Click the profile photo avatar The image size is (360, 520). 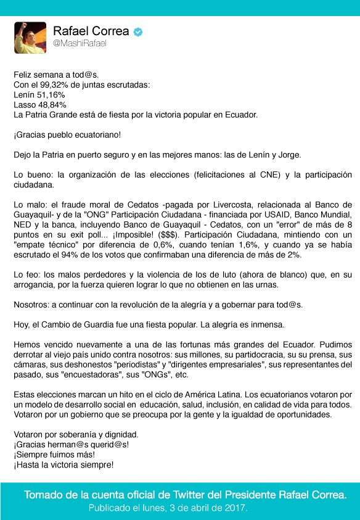coord(30,38)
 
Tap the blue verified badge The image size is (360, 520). coord(139,31)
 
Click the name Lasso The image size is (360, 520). coord(25,105)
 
